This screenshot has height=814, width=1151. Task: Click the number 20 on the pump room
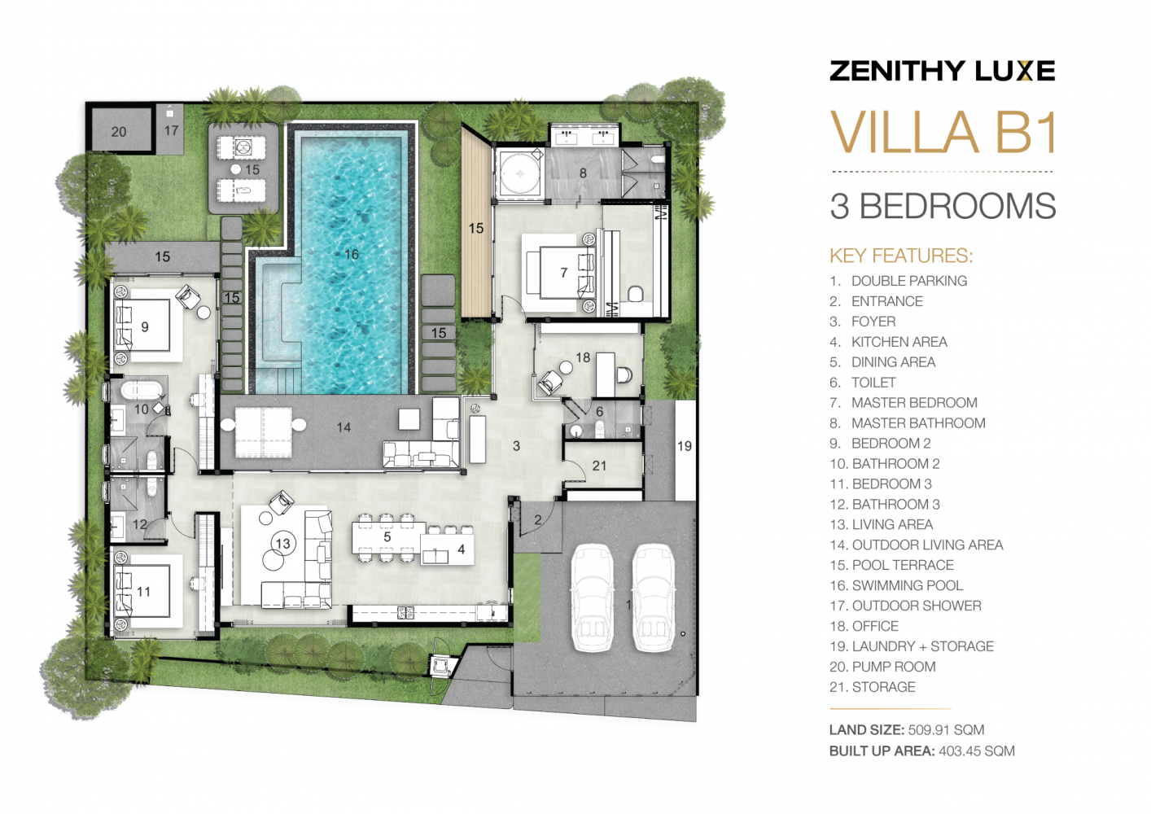tap(119, 132)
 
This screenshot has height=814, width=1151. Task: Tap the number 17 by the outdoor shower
tap(171, 130)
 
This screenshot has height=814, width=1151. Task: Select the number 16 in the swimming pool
tap(351, 255)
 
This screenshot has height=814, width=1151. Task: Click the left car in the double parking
tap(592, 597)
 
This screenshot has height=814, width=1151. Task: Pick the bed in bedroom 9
tap(144, 326)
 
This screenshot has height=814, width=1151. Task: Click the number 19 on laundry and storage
tap(685, 446)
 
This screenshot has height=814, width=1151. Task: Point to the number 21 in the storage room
tap(599, 466)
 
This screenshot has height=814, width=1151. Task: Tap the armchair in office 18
tap(551, 381)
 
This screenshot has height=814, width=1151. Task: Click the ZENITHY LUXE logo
tap(942, 71)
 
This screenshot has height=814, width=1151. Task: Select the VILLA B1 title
tap(943, 133)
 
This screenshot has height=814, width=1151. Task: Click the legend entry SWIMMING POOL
tap(907, 585)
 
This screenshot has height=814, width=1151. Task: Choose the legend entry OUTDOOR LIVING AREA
tap(927, 545)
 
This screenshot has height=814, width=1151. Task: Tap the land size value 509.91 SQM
tap(946, 730)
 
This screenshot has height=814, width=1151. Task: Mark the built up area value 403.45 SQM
tap(976, 751)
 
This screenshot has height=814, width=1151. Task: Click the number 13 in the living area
tap(282, 544)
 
